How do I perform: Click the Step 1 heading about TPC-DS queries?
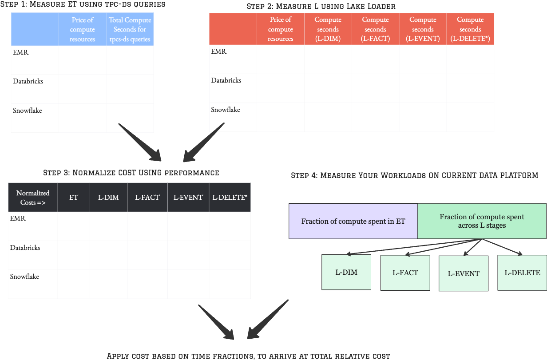point(83,4)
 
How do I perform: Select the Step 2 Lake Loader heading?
point(321,6)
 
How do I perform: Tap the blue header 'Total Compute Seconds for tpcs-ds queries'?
point(130,29)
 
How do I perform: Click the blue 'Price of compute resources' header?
point(83,29)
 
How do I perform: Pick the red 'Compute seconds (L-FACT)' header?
point(375,29)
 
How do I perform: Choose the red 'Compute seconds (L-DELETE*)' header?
point(470,29)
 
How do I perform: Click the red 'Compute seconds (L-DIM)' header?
point(328,29)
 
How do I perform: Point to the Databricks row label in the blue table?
point(28,81)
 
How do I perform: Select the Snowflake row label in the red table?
point(226,110)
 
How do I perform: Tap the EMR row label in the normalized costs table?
point(18,218)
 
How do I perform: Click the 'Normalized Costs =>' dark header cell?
point(33,198)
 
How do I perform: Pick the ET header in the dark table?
point(74,198)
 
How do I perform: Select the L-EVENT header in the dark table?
point(188,198)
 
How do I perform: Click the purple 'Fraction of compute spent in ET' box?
point(353,221)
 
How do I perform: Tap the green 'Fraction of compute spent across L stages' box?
point(482,221)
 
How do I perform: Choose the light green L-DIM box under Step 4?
point(346,272)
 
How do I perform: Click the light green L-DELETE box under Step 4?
point(522,273)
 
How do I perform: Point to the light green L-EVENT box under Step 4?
point(464,273)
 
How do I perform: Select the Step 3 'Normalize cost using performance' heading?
point(131,173)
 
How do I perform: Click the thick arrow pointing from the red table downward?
point(203,142)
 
